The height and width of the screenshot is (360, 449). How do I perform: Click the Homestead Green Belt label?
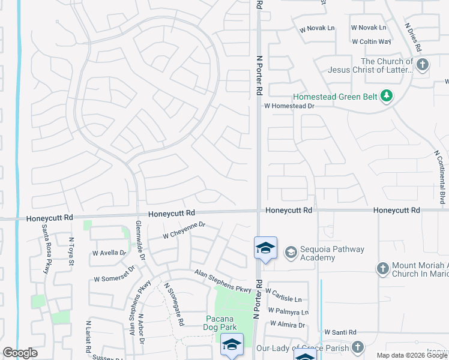pyautogui.click(x=337, y=95)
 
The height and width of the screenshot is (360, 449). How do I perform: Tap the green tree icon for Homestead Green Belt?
pyautogui.click(x=388, y=95)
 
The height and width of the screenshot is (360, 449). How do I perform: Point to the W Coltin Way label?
pyautogui.click(x=371, y=41)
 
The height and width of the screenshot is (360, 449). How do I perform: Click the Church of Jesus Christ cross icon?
pyautogui.click(x=423, y=65)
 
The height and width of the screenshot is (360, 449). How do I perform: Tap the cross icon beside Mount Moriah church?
pyautogui.click(x=384, y=269)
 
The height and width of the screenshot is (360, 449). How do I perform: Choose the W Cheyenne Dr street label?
pyautogui.click(x=184, y=230)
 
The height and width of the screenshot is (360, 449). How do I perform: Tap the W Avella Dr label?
pyautogui.click(x=109, y=253)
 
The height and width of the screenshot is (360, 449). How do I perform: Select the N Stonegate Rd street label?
pyautogui.click(x=175, y=304)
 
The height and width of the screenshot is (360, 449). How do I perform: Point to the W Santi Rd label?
pyautogui.click(x=340, y=332)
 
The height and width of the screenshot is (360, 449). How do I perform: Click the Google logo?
pyautogui.click(x=20, y=353)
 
